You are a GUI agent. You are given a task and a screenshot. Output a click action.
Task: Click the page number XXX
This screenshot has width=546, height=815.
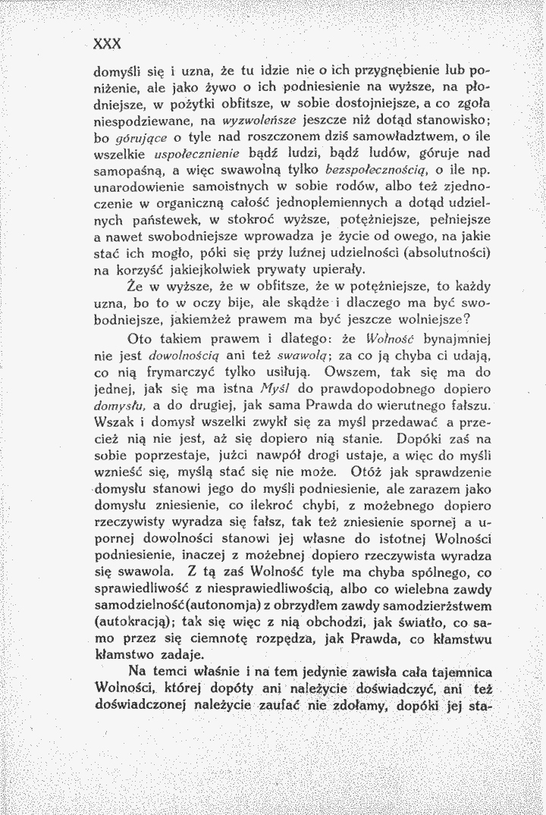[108, 42]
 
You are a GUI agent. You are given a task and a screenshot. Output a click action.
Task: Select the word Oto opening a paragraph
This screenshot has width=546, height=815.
[141, 338]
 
